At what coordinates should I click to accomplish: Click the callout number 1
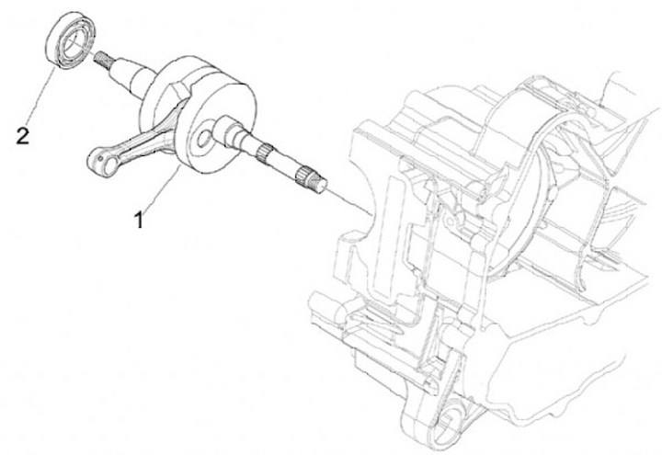(x=138, y=220)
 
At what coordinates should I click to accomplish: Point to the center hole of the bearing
(x=72, y=43)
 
